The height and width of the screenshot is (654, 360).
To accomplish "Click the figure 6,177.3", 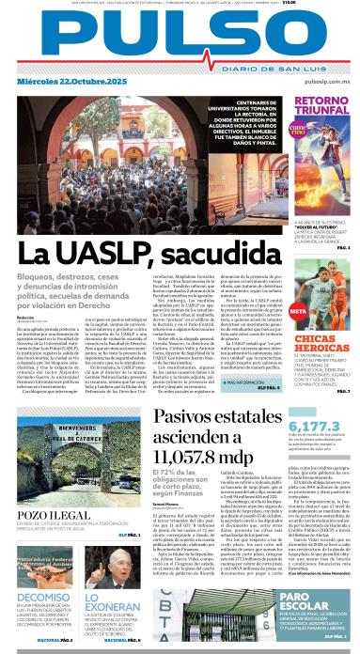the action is coord(324,397).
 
